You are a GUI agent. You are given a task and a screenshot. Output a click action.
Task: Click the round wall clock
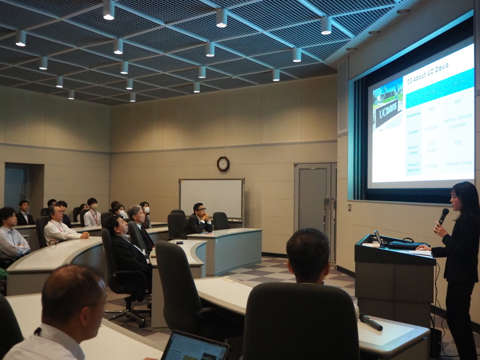pos(223,164)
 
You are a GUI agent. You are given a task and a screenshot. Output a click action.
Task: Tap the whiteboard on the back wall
pos(211,198)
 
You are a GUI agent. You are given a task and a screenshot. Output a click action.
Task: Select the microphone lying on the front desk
pos(370,322)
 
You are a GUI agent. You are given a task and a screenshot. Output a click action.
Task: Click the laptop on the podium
pos(380,239)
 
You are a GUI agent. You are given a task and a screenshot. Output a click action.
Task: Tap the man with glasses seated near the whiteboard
pos(199,217)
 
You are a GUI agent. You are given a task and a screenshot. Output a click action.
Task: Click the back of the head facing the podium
pos(308,254)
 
